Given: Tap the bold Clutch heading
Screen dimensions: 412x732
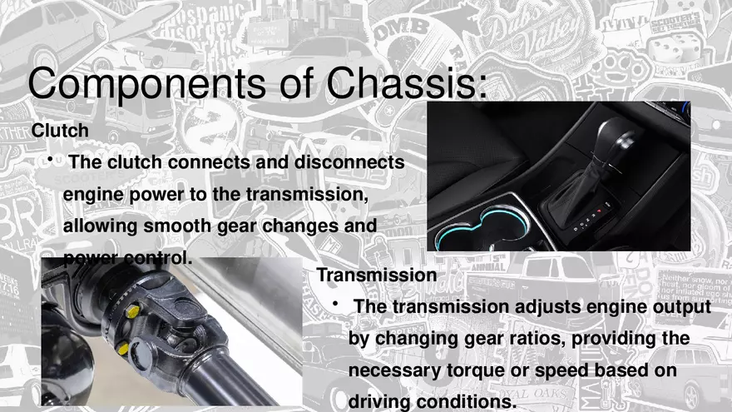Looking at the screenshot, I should coord(60,131).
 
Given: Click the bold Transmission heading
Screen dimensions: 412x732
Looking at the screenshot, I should coord(377,275).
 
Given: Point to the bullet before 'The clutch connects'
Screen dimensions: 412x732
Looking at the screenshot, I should coord(51,160).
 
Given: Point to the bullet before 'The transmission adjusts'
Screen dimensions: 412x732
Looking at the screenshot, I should coord(334,306).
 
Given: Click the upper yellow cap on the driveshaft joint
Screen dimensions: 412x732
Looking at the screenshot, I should coord(131,311).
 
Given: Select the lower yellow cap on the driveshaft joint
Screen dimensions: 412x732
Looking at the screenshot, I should coord(123,347).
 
